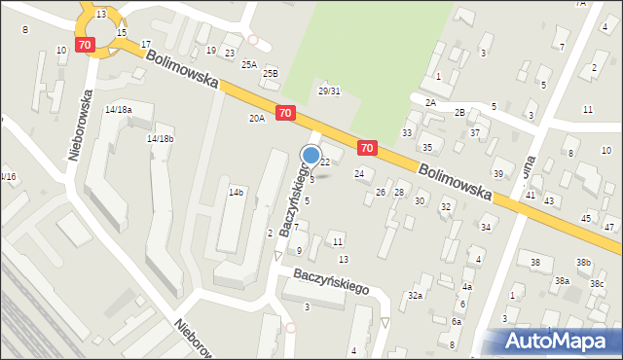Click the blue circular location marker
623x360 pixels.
click(x=311, y=155)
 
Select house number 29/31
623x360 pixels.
click(x=329, y=90)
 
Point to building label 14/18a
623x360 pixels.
click(x=119, y=109)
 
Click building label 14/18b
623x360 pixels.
click(x=161, y=138)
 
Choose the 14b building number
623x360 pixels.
click(x=236, y=193)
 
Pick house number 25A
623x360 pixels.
click(x=249, y=64)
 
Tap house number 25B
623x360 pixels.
click(x=270, y=73)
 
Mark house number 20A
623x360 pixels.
click(x=256, y=118)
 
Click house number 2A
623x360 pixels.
click(x=429, y=101)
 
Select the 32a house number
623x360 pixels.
click(x=416, y=295)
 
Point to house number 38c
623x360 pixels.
click(x=596, y=283)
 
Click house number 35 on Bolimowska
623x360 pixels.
click(x=426, y=147)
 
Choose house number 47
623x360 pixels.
click(x=609, y=227)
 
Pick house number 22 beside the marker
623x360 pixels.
click(x=325, y=162)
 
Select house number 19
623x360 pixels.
click(x=210, y=50)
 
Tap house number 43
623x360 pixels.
click(x=549, y=200)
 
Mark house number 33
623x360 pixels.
click(x=407, y=132)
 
